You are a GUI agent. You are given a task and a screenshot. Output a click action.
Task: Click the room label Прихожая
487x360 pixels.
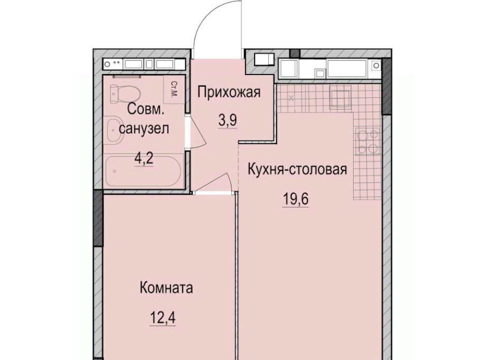[x=229, y=92]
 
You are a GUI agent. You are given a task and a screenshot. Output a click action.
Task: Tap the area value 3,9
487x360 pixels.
[x=228, y=120]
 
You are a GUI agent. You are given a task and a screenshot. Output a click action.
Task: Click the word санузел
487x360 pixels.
[x=144, y=128]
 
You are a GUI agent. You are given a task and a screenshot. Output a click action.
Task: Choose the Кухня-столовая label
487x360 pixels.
[x=298, y=169]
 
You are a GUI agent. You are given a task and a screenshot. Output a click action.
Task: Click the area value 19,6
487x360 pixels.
[x=296, y=199]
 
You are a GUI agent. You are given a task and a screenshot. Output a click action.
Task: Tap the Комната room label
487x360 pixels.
[x=166, y=287]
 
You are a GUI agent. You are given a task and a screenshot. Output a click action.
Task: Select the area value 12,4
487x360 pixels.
[x=163, y=317]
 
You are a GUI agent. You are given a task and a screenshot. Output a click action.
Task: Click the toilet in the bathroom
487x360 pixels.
[x=125, y=93]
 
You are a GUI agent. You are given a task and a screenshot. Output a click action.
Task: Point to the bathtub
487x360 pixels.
[x=143, y=171]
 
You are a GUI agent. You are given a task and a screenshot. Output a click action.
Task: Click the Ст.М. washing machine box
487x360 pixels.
[x=174, y=89]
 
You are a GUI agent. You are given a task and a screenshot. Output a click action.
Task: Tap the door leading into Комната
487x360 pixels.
[x=214, y=184]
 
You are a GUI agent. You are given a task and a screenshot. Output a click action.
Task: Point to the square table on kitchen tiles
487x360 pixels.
[x=340, y=96]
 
